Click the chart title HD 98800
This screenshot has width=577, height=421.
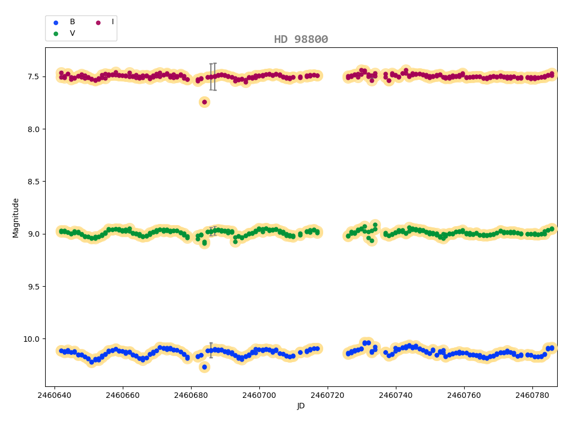coord(301,40)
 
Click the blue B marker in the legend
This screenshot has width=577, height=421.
coord(55,22)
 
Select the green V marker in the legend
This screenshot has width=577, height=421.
coord(55,34)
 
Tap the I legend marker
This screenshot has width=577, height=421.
coord(99,22)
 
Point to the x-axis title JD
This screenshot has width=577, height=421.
coord(301,406)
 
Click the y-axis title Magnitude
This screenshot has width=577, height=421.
coord(16,217)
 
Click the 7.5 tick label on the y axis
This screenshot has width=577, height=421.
coord(32,76)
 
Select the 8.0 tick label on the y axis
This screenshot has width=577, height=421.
coord(32,129)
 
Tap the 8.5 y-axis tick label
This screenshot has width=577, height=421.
coord(32,182)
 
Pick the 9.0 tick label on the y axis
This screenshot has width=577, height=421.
coord(32,234)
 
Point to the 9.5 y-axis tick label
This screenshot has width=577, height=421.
coord(32,287)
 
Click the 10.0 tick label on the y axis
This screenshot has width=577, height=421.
coord(30,339)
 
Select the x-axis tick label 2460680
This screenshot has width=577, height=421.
coord(191,395)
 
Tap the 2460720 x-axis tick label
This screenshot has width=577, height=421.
coord(328,395)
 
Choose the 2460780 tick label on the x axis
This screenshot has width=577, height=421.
coord(532,395)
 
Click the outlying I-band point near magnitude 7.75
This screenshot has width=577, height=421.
coord(204,102)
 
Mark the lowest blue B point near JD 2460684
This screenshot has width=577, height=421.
coord(204,367)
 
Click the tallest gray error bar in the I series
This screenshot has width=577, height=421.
coord(214,76)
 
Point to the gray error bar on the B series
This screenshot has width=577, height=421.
coord(211,350)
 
